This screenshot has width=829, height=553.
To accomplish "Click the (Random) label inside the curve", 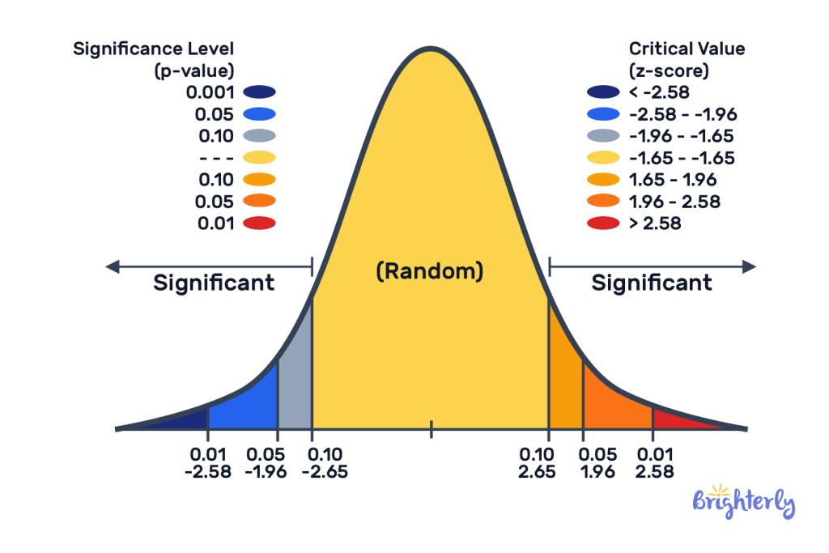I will tap(430, 271).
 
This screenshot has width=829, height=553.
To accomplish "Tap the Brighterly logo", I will tap(743, 502).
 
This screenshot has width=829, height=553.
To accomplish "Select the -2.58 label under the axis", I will tap(208, 470).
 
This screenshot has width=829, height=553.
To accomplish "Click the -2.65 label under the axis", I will tap(325, 470).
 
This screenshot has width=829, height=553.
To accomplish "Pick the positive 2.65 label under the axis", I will tap(537, 470).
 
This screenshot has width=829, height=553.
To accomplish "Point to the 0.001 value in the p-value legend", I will tap(210, 92).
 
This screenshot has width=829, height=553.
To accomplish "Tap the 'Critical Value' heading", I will tap(687, 49).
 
